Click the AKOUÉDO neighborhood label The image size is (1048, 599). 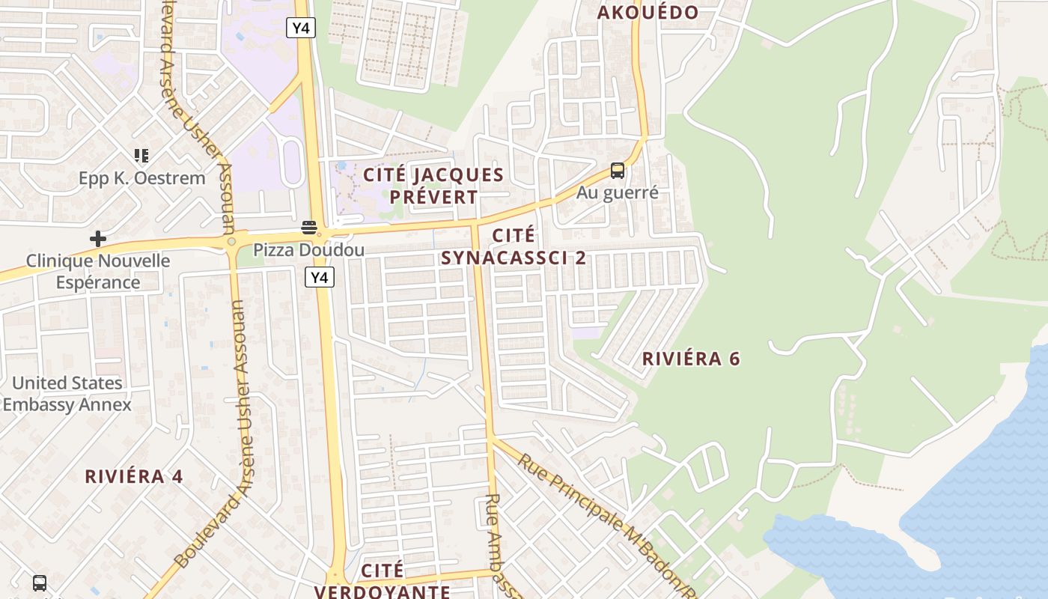pyautogui.click(x=648, y=12)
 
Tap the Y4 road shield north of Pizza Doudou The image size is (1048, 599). pyautogui.click(x=301, y=28)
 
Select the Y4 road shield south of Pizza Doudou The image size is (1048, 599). pyautogui.click(x=320, y=278)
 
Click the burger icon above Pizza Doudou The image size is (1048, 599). pyautogui.click(x=309, y=228)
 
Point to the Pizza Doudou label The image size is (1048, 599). pyautogui.click(x=308, y=249)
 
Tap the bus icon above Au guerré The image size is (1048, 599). pyautogui.click(x=618, y=171)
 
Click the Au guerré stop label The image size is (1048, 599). pyautogui.click(x=618, y=192)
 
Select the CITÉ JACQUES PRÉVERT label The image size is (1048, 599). pyautogui.click(x=433, y=186)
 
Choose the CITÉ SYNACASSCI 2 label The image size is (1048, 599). pyautogui.click(x=514, y=246)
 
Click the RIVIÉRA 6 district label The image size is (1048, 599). pyautogui.click(x=691, y=359)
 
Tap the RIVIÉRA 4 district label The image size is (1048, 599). pyautogui.click(x=134, y=476)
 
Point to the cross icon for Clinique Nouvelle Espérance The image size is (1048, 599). pyautogui.click(x=98, y=239)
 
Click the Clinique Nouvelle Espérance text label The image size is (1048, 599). pyautogui.click(x=98, y=271)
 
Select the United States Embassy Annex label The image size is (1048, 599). pyautogui.click(x=67, y=394)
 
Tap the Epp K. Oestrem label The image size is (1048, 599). pyautogui.click(x=142, y=178)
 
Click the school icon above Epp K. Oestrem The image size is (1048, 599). pyautogui.click(x=141, y=156)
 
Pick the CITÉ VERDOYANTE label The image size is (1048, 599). pyautogui.click(x=383, y=581)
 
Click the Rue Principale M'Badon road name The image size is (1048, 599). pyautogui.click(x=606, y=524)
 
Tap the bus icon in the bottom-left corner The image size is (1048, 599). pyautogui.click(x=40, y=583)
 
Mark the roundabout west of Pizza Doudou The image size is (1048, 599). pyautogui.click(x=231, y=241)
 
